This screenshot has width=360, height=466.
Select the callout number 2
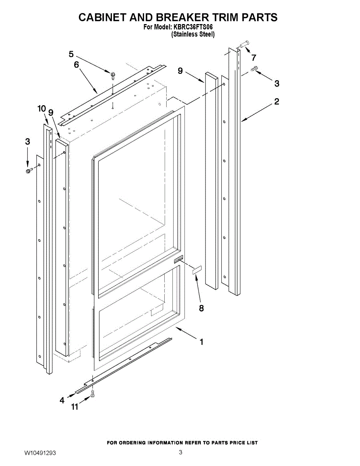[x=277, y=102]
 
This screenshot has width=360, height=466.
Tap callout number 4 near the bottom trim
[x=62, y=400]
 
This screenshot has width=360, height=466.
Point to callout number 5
[x=71, y=54]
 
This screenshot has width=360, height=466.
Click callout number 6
[x=77, y=64]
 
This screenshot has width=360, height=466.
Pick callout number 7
[x=254, y=58]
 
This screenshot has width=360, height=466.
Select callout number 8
[x=201, y=309]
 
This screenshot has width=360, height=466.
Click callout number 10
[x=42, y=109]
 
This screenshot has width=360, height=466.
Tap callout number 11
[x=75, y=407]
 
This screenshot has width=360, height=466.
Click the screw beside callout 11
[x=92, y=394]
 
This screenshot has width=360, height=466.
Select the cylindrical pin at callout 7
[x=244, y=45]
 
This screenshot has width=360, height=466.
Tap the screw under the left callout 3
[x=28, y=171]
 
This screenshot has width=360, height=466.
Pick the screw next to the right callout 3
[x=255, y=69]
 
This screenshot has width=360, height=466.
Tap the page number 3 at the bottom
[x=181, y=452]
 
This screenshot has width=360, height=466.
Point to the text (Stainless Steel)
[x=193, y=35]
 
